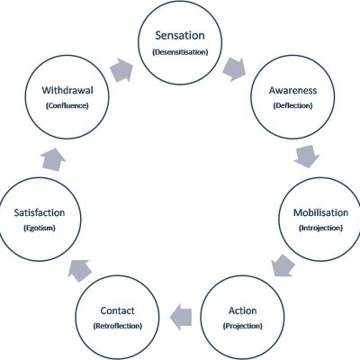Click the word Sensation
coord(180,35)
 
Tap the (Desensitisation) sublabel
coord(180,52)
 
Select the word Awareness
coord(292,90)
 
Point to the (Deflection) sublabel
coord(292,105)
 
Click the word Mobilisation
coord(320,212)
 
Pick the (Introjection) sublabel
coord(320,228)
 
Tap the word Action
coord(243,310)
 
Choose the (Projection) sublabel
coord(243,326)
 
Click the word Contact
coord(117,310)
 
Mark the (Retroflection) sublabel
coord(117,326)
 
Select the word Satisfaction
coord(40,212)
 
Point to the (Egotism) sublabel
coord(40,228)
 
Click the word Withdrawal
coord(67,90)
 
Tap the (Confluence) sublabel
coord(67,105)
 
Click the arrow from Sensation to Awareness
coord(234,69)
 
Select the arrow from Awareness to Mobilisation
coord(307,157)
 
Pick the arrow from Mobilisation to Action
coord(283,265)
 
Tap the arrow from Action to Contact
coord(181,318)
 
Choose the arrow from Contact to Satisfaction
coord(79,271)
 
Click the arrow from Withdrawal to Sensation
coord(121,70)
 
